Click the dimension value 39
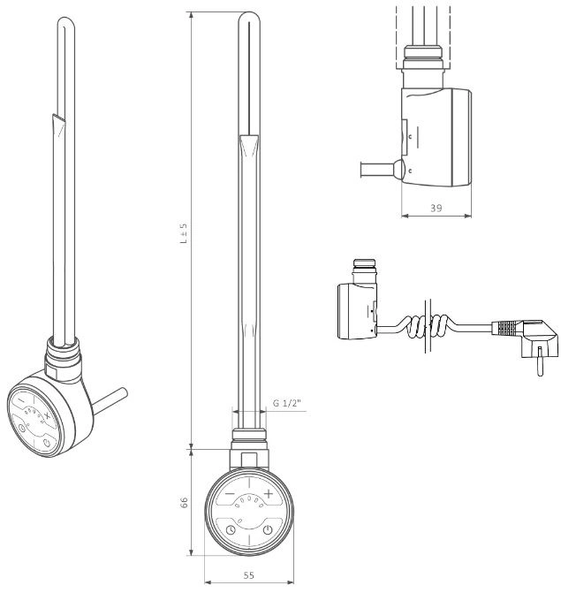436,208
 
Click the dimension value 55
249,575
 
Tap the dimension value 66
184,502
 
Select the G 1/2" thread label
287,403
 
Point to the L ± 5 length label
184,233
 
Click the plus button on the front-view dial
268,493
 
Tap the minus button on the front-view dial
230,494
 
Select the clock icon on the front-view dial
231,530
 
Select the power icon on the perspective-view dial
47,443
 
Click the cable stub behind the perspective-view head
110,400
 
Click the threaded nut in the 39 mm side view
422,57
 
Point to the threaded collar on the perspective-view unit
63,354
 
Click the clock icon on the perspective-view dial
22,428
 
